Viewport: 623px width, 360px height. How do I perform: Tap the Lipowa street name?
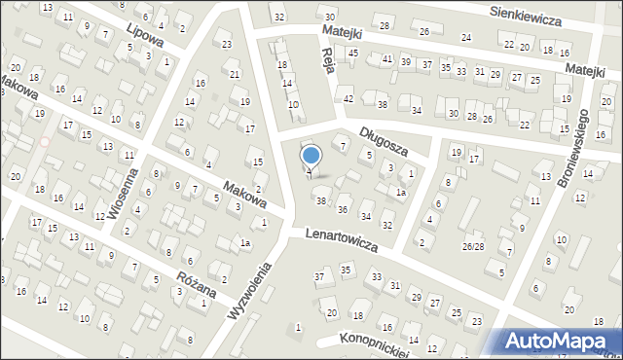click(x=144, y=38)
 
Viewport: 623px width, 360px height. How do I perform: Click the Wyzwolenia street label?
click(x=247, y=293)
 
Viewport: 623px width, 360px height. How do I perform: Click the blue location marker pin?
click(x=311, y=156)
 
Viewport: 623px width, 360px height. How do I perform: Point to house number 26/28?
click(x=473, y=246)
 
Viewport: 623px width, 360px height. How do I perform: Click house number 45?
click(x=353, y=53)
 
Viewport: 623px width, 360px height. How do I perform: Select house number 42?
click(x=348, y=98)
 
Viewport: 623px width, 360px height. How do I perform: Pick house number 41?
click(x=387, y=59)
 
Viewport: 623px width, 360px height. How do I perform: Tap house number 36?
click(x=342, y=209)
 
